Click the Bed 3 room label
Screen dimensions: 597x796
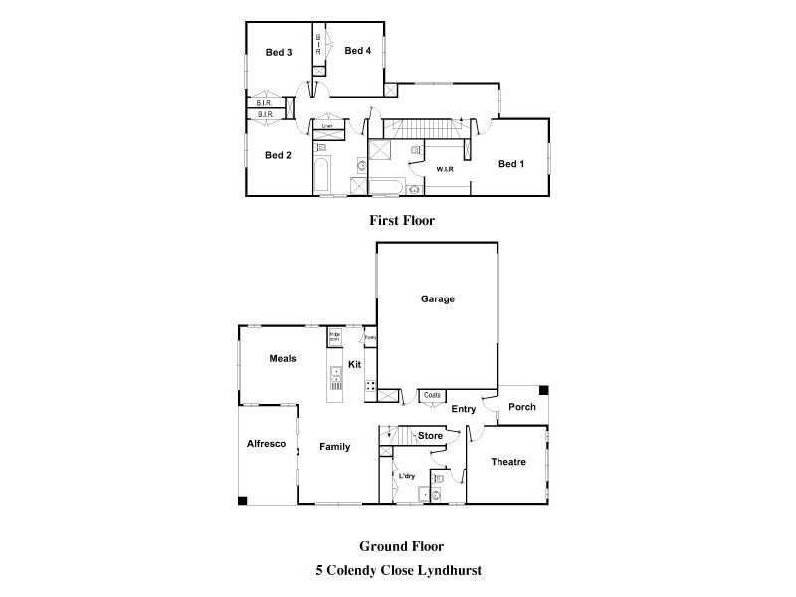(x=278, y=53)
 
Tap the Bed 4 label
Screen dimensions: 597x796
(x=358, y=50)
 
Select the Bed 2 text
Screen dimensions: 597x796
(x=278, y=155)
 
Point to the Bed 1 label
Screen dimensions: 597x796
(x=511, y=164)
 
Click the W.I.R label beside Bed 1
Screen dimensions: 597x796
(x=445, y=169)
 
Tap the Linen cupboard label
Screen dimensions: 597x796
(x=326, y=126)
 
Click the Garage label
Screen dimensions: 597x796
(x=437, y=298)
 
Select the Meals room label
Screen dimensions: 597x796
(x=283, y=359)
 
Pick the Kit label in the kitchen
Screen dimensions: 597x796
(x=354, y=365)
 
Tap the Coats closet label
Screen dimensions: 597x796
(x=432, y=395)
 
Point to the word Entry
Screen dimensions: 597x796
(x=464, y=409)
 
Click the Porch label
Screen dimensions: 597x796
(x=522, y=407)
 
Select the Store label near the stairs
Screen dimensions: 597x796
(x=430, y=436)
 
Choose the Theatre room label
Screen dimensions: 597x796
(x=508, y=462)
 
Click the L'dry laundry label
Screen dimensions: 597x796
(x=407, y=476)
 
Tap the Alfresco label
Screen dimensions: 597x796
(x=266, y=444)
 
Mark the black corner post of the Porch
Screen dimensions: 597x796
(x=543, y=390)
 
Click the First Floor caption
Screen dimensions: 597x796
(x=401, y=221)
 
